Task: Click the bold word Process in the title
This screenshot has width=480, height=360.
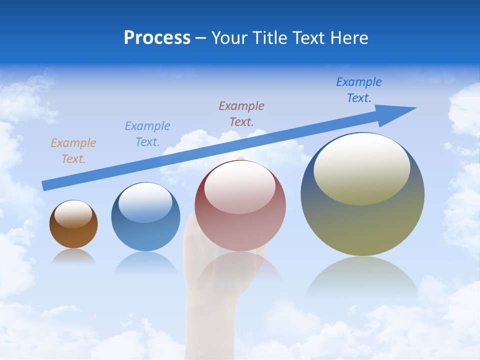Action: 157,38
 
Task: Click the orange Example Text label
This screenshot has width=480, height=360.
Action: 73,151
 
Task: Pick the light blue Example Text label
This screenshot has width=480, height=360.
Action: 147,134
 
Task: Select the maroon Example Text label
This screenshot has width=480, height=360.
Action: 241,113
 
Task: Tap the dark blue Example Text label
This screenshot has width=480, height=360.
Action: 359,90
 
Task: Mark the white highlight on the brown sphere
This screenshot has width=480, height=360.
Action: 73,214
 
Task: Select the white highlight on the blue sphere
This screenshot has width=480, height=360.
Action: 145,203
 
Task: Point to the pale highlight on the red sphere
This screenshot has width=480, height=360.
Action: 240,187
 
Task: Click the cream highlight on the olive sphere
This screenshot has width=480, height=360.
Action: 362,169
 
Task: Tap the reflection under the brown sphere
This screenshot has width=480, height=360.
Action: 73,256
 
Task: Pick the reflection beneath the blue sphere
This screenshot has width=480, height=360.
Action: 145,262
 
